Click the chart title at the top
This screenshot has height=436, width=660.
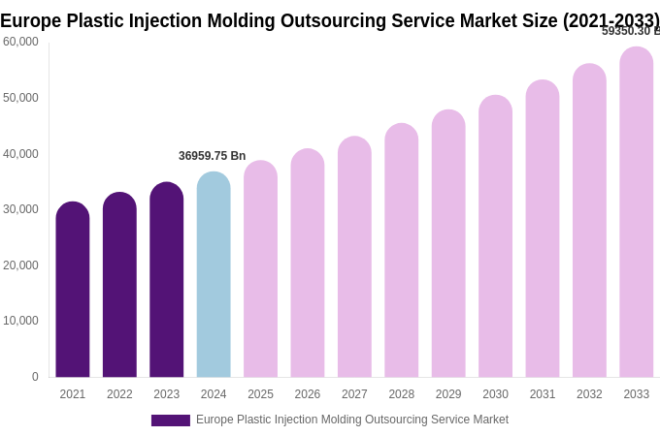pyautogui.click(x=330, y=20)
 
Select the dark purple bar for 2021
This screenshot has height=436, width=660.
pyautogui.click(x=73, y=291)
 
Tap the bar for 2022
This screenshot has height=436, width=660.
pyautogui.click(x=119, y=286)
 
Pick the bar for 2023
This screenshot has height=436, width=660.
pyautogui.click(x=167, y=281)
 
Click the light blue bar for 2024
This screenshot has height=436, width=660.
pyautogui.click(x=214, y=276)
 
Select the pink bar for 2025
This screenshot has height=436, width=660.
pyautogui.click(x=260, y=270)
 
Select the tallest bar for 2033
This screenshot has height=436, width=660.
pyautogui.click(x=637, y=213)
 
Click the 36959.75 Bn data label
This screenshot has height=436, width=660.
pyautogui.click(x=212, y=156)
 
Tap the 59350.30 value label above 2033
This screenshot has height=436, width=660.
pyautogui.click(x=630, y=31)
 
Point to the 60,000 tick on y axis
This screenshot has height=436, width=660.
pyautogui.click(x=21, y=42)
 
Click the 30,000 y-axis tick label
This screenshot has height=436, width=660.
pyautogui.click(x=21, y=209)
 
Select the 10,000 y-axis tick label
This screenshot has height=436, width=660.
pyautogui.click(x=21, y=321)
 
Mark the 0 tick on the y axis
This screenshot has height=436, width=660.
pyautogui.click(x=35, y=377)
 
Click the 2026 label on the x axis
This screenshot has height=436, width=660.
pyautogui.click(x=308, y=394)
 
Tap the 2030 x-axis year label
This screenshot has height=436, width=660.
pyautogui.click(x=495, y=394)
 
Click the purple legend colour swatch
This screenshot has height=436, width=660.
pyautogui.click(x=171, y=420)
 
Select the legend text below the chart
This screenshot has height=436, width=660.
pyautogui.click(x=352, y=420)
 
